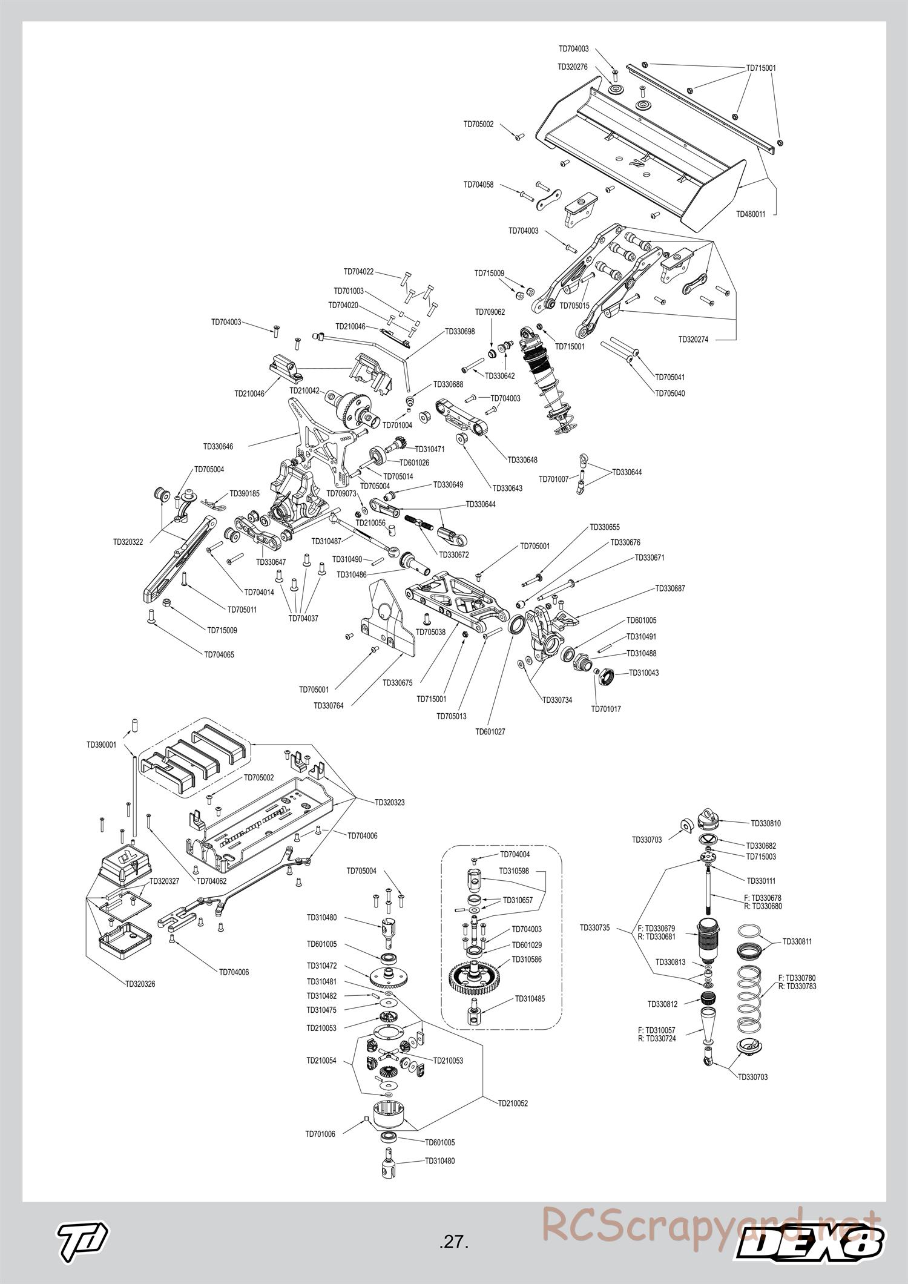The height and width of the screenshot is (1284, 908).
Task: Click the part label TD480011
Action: point(750,214)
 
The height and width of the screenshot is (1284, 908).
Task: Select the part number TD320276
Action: point(572,67)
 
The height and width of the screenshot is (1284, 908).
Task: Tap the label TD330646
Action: point(218,446)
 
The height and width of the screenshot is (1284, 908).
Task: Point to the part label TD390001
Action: point(101,745)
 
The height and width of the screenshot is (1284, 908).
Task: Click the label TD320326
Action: point(140,984)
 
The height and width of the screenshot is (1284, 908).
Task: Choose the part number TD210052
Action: point(513,1103)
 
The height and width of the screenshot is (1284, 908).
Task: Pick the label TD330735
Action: point(594,927)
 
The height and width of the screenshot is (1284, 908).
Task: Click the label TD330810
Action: point(766,823)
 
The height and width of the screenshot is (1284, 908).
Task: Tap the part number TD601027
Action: point(490,731)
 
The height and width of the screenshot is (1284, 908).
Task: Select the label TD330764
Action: point(328,705)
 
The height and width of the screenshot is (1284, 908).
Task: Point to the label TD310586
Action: point(526,959)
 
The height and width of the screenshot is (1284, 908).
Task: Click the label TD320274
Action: point(693,340)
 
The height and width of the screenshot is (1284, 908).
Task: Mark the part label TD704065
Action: point(219,654)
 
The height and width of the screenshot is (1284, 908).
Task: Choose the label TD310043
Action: point(643,672)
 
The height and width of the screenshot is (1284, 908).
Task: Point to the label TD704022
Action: point(358,272)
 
